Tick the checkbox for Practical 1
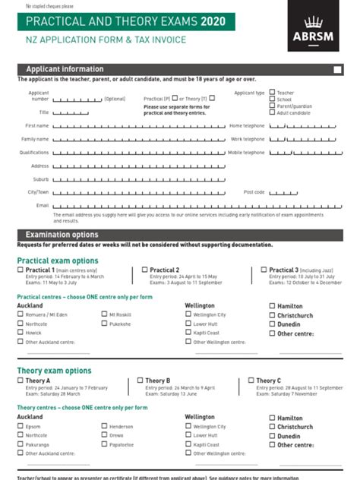tap(21, 270)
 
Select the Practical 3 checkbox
tap(264, 270)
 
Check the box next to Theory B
tap(141, 381)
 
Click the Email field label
tap(43, 205)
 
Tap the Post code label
tap(254, 192)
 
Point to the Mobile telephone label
tap(246, 153)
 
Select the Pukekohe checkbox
tap(104, 324)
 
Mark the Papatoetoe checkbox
tap(104, 444)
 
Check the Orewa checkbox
tap(104, 435)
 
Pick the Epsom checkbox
tap(21, 426)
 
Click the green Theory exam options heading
tap(54, 371)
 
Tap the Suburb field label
tap(40, 179)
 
